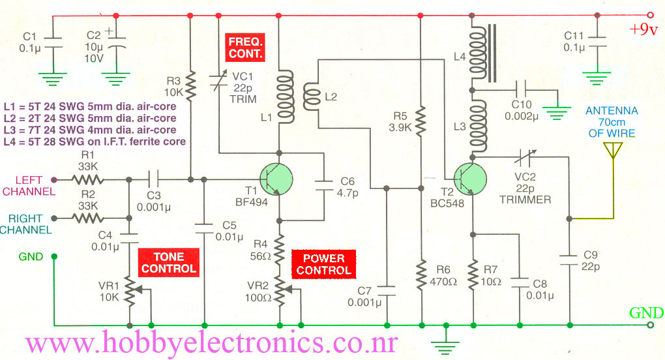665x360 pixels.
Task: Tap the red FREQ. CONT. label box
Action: pos(245,47)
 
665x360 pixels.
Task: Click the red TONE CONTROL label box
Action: pos(168,263)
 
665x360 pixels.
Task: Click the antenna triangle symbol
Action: pos(612,151)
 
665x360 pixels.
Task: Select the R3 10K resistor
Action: pos(190,83)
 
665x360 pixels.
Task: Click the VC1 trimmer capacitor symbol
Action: pos(219,81)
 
